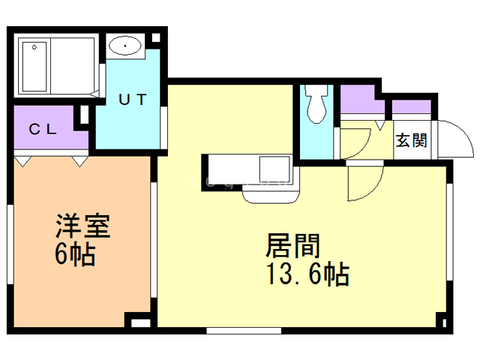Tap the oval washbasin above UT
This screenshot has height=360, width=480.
[124, 48]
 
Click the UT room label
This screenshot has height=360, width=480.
[135, 98]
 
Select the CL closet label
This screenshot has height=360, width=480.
[43, 128]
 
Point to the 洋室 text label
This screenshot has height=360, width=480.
[82, 226]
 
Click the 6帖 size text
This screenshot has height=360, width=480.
[74, 256]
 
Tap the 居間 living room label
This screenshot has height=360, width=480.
[293, 245]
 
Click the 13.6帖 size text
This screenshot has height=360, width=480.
[307, 275]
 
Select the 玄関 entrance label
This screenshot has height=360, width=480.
[412, 140]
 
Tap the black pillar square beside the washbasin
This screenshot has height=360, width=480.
[154, 40]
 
